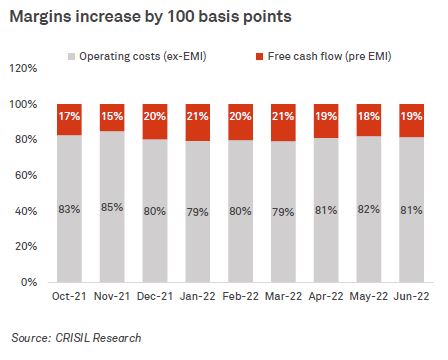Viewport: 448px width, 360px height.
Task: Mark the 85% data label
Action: click(113, 208)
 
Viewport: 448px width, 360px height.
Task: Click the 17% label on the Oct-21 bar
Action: click(69, 118)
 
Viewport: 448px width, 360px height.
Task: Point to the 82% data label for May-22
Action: click(370, 210)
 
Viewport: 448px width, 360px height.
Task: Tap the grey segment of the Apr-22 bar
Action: click(327, 240)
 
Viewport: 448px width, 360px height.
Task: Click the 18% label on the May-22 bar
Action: click(370, 118)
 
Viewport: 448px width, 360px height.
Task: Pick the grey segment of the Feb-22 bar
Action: click(241, 240)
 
